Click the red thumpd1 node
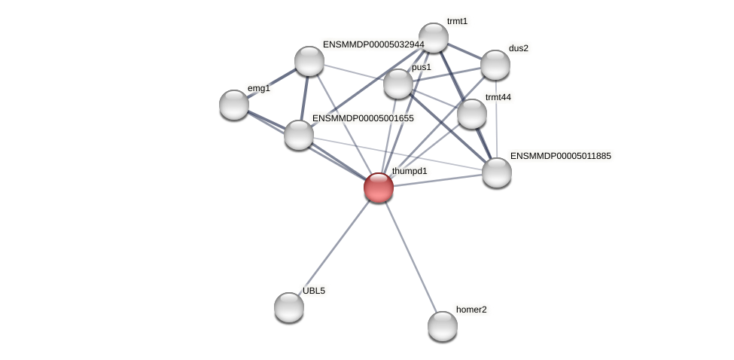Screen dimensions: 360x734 (379, 188)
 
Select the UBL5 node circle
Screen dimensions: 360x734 (289, 307)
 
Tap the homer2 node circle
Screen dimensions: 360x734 (443, 326)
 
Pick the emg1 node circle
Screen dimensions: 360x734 (234, 105)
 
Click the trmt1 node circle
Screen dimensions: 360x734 (434, 38)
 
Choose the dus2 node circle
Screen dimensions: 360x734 (495, 65)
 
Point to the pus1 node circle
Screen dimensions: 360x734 (398, 84)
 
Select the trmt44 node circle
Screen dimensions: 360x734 (472, 114)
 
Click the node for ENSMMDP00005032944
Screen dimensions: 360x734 (309, 61)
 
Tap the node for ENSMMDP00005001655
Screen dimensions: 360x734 (299, 135)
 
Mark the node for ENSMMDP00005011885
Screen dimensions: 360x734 (497, 172)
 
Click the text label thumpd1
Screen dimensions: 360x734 (410, 171)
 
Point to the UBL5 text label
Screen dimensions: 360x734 (314, 291)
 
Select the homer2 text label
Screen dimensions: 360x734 (471, 310)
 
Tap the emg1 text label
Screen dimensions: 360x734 (258, 88)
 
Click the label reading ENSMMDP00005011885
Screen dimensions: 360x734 (561, 156)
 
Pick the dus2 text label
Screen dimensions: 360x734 (519, 48)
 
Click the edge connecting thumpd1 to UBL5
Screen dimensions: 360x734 (333, 248)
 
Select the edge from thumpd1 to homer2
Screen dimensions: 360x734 (410, 257)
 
